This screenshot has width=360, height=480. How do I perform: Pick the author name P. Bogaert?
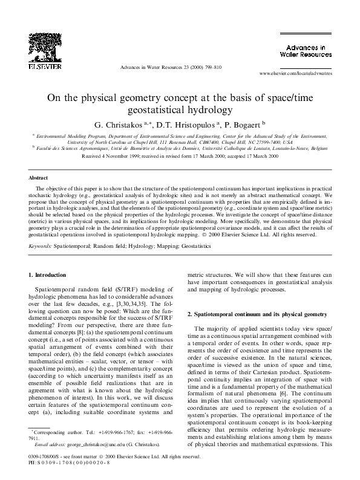247,125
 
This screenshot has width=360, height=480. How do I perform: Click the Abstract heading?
39,178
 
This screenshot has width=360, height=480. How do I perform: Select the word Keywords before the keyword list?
41,247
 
